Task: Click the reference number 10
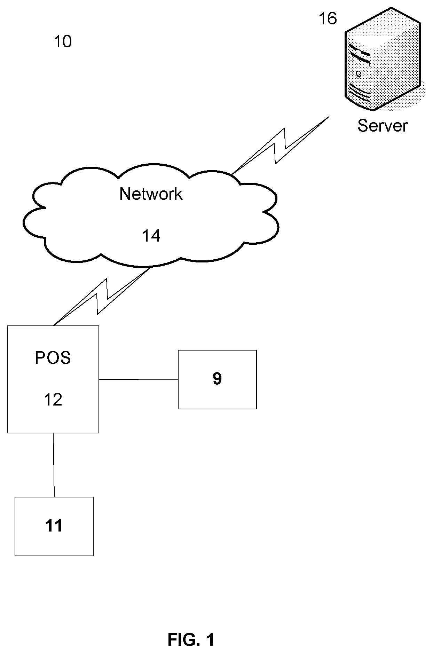(x=63, y=42)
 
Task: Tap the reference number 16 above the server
(x=328, y=18)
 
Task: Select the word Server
(x=383, y=126)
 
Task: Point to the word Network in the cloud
(x=151, y=194)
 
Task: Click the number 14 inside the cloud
(x=151, y=236)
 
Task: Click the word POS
(x=53, y=358)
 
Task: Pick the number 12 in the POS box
(x=53, y=400)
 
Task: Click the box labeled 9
(x=217, y=379)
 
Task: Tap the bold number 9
(x=217, y=379)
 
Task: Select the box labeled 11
(x=54, y=526)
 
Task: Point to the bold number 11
(x=54, y=526)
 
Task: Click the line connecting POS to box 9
(x=139, y=379)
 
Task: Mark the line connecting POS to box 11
(x=54, y=465)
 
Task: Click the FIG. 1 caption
(x=191, y=639)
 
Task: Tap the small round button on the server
(x=358, y=74)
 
